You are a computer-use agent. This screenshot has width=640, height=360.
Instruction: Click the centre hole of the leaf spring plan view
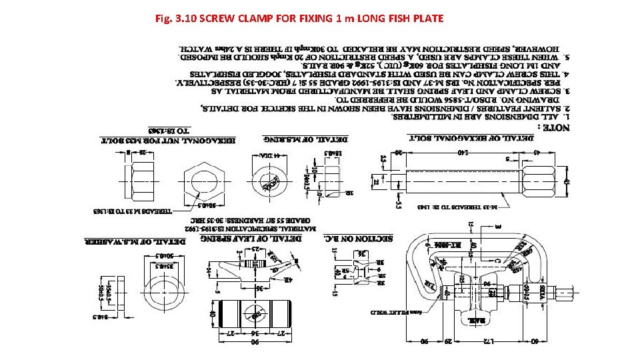click(x=254, y=313)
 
